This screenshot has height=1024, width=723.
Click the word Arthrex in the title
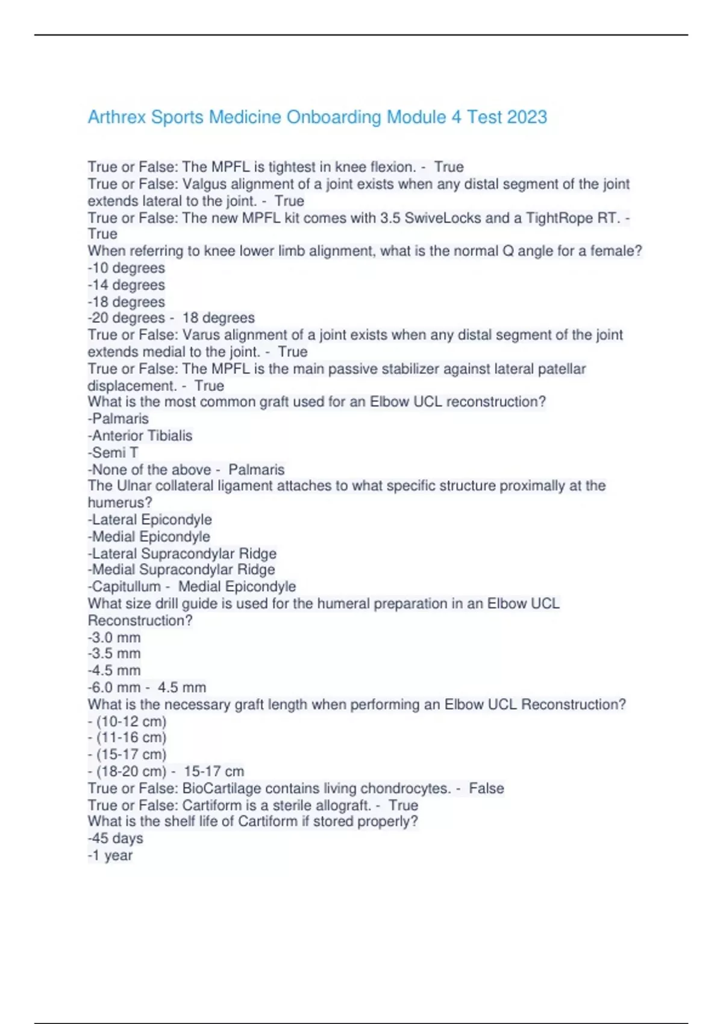117,117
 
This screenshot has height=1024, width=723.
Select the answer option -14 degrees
127,285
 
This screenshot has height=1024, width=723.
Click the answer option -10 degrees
127,268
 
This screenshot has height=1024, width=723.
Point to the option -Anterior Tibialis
140,436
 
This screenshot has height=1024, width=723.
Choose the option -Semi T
113,452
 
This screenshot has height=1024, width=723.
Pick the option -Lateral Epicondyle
150,519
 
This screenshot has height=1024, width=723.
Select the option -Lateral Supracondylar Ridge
183,553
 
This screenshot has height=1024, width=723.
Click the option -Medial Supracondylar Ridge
181,570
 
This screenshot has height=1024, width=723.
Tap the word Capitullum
127,587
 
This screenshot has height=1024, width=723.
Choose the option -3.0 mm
114,637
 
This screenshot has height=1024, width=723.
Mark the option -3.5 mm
114,654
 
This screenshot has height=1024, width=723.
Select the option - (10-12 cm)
127,721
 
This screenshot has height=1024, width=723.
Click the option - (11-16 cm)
127,737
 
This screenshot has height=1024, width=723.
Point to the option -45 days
116,838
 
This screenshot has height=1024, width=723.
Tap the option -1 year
110,855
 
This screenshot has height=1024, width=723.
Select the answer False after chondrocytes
486,788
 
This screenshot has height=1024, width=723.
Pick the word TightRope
559,218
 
